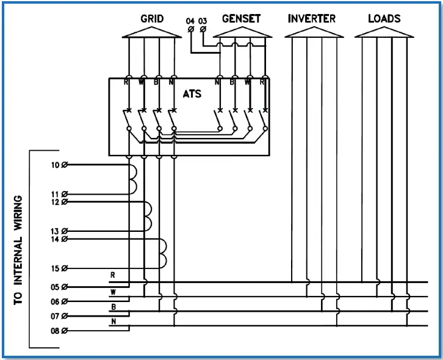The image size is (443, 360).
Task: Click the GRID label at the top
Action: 152,18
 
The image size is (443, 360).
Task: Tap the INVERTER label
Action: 311,18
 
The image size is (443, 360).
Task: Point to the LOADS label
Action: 384,18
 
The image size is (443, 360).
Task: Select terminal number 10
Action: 56,165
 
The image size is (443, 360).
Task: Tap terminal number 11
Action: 56,194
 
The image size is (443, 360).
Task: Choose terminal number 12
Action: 56,202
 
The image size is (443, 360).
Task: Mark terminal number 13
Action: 56,231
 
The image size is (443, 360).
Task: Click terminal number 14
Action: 56,239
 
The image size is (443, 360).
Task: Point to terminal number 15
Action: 56,268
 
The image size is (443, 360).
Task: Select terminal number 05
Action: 56,287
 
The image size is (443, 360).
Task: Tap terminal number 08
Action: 56,331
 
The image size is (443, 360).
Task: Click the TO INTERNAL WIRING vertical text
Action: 18,250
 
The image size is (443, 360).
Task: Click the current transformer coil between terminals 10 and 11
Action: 132,179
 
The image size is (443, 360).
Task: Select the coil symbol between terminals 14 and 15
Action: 162,253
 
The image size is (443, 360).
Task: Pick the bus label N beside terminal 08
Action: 113,320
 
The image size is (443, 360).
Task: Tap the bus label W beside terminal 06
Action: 113,292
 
